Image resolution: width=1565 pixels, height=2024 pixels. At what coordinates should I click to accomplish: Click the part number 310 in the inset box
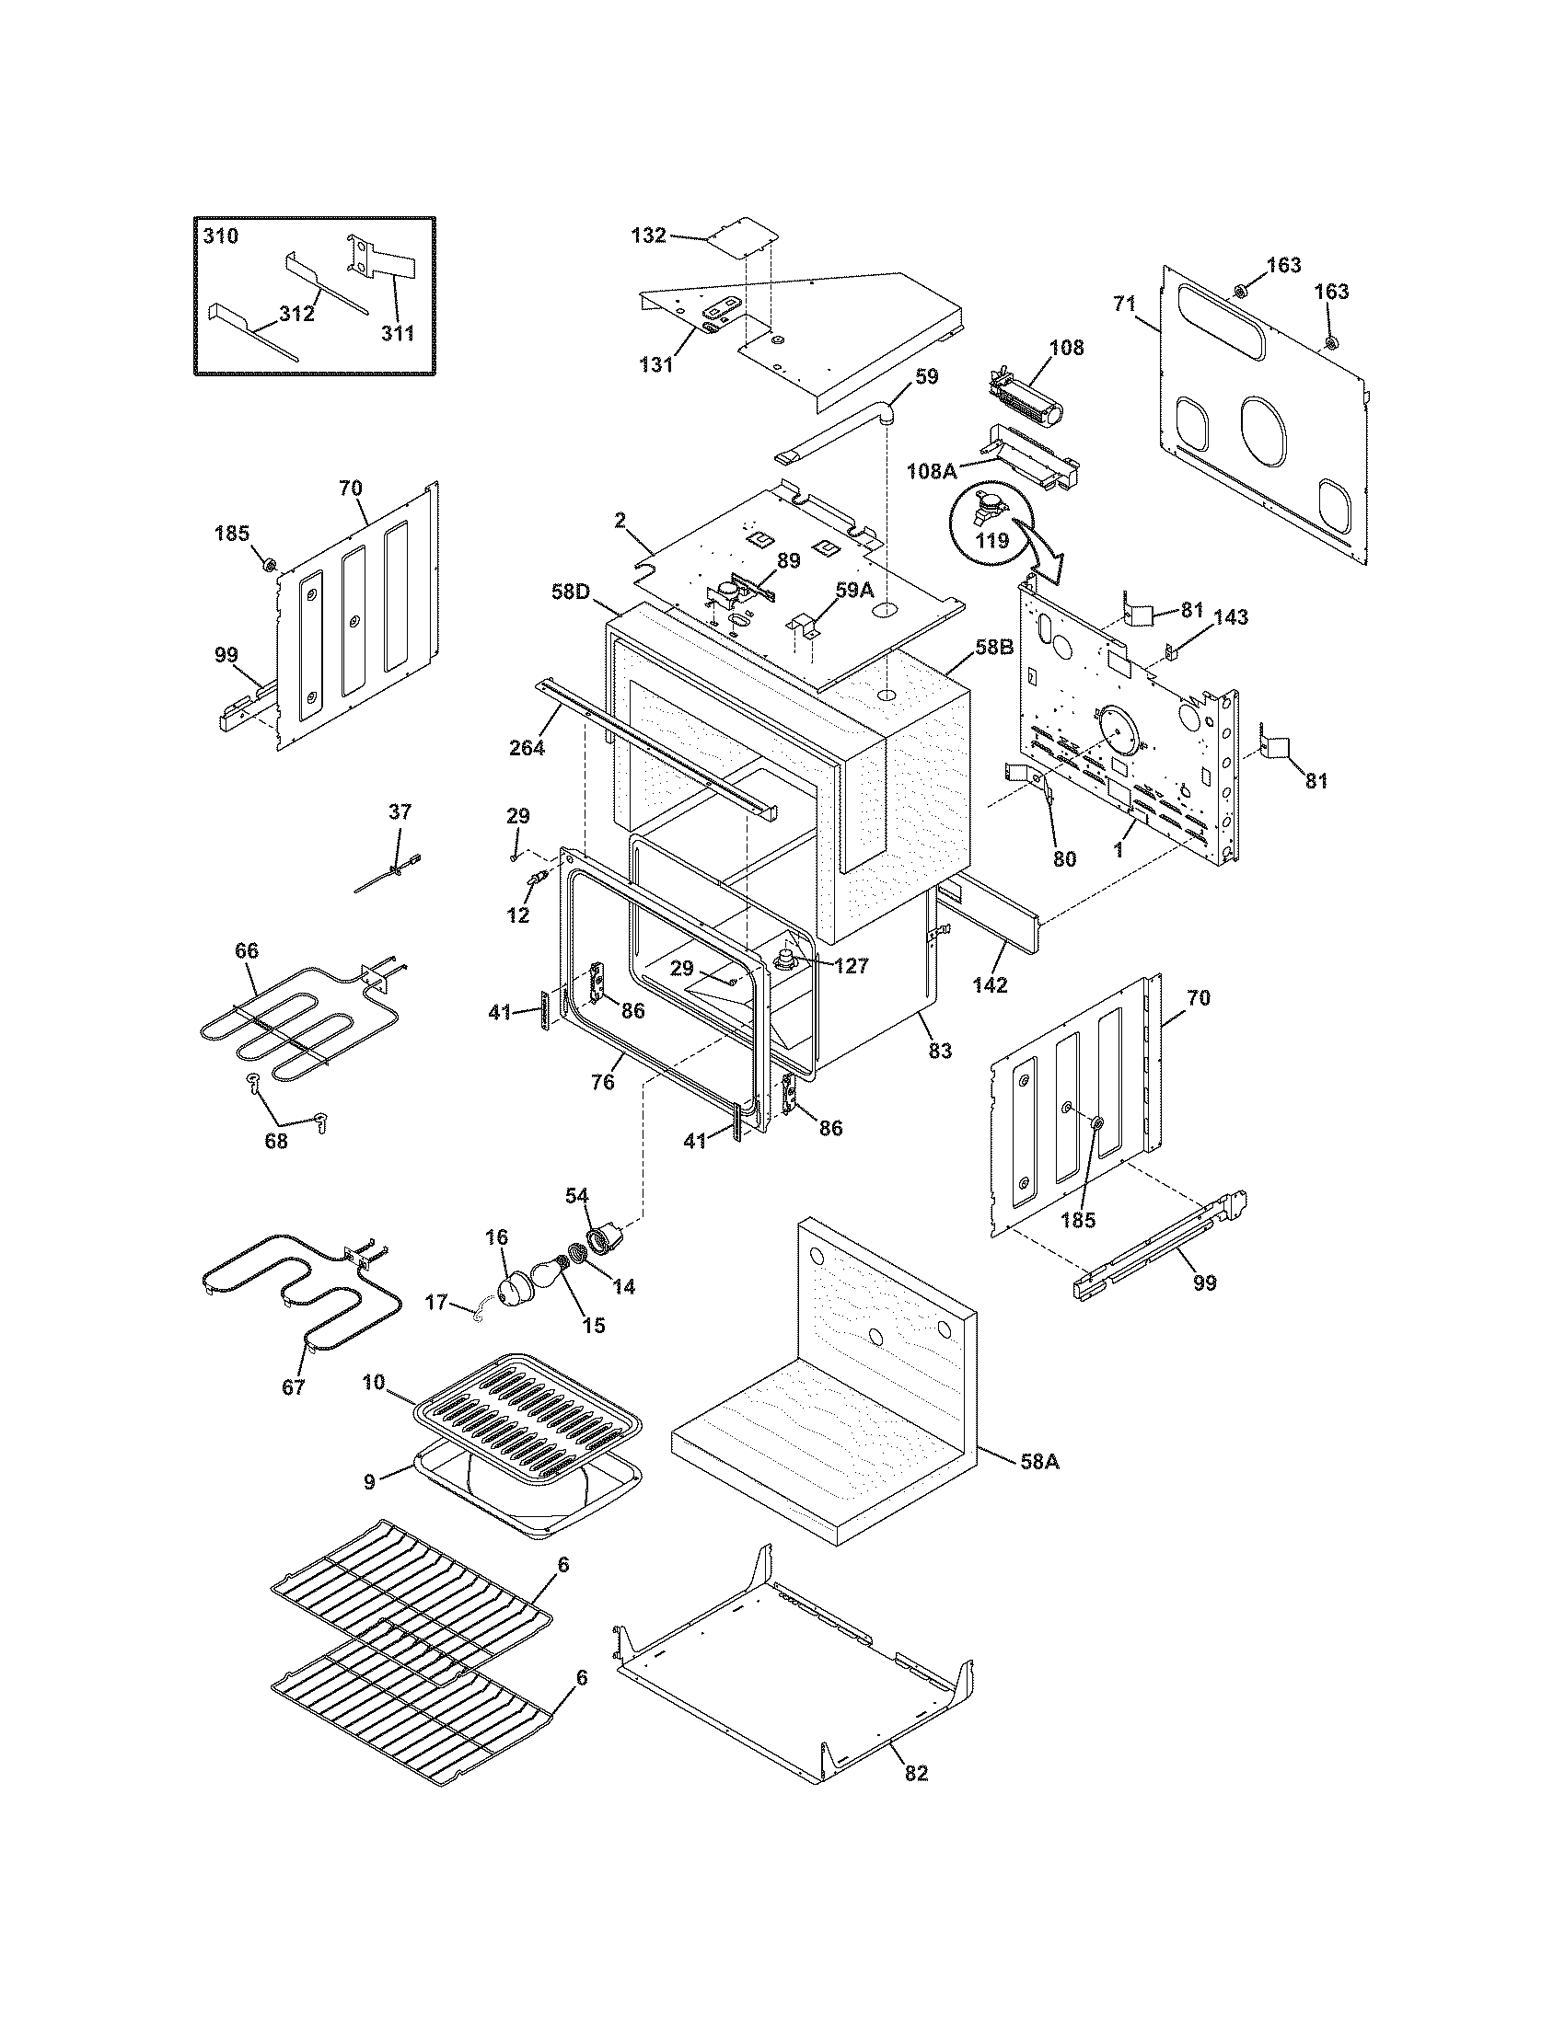(221, 236)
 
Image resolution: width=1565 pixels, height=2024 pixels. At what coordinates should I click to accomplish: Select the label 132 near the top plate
(648, 236)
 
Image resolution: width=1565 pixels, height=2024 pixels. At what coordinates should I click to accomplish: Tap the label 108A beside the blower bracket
(932, 471)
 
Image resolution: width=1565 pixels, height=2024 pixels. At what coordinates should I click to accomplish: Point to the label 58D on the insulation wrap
(571, 591)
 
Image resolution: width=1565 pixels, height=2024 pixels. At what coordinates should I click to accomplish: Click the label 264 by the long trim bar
(527, 746)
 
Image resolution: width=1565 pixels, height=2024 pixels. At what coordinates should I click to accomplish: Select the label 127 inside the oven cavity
(851, 967)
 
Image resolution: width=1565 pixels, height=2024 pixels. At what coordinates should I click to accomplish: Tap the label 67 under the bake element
(293, 1413)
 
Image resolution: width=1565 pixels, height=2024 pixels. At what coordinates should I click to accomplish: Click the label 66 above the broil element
(247, 951)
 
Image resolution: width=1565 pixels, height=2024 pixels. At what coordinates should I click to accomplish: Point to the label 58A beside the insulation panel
(1039, 1462)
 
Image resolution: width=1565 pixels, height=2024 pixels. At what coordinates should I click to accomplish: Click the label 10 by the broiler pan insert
(373, 1409)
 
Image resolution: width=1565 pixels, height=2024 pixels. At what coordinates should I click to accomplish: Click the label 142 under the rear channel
(990, 985)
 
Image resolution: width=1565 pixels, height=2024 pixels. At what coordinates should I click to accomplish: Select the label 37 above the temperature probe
(400, 811)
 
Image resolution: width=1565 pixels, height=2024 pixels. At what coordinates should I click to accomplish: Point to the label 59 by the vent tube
(926, 376)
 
